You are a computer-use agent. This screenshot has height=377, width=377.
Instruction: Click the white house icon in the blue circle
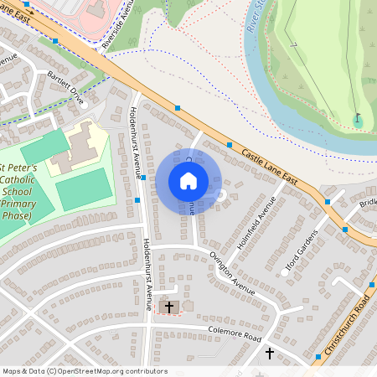[188, 181]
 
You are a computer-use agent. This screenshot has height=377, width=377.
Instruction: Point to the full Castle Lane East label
[270, 165]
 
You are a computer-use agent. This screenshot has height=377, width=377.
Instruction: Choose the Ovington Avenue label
[232, 271]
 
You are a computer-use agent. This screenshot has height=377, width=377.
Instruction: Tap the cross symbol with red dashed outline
[169, 307]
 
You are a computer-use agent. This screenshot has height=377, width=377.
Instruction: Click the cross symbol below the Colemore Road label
[270, 354]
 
